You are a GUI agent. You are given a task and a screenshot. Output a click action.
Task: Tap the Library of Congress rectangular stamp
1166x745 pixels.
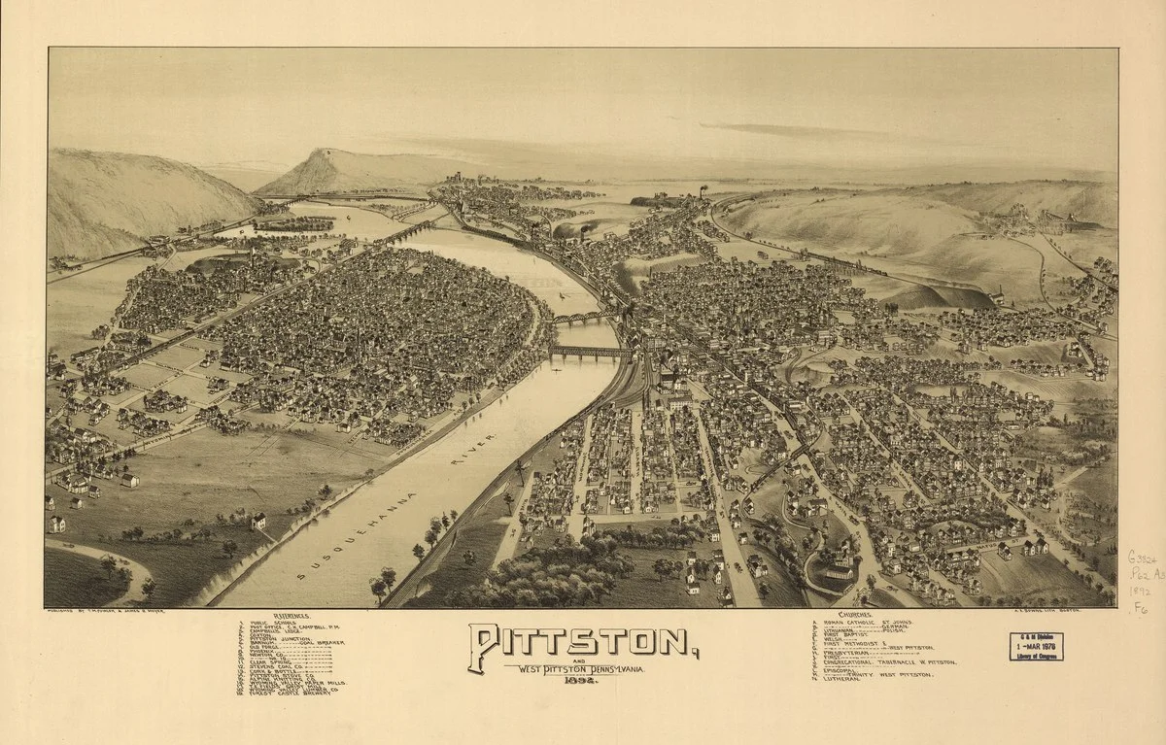point(1036,646)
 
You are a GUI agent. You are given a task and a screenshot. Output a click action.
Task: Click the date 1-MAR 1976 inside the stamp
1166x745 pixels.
point(1036,642)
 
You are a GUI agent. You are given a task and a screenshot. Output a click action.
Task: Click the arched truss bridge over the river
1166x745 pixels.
point(581,318)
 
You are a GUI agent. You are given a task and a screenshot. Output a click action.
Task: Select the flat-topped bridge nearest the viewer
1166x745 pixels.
point(588,352)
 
